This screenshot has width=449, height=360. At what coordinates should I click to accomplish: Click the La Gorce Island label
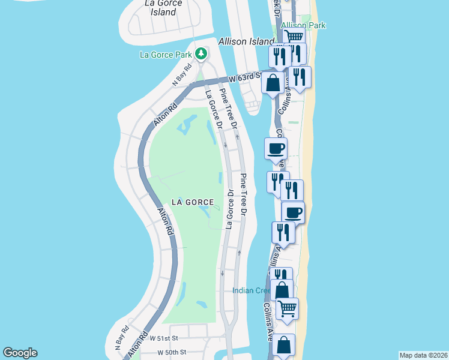(x=160, y=7)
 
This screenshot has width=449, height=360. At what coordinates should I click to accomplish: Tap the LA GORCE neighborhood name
(x=192, y=202)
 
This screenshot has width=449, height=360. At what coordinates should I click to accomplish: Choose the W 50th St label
(x=172, y=352)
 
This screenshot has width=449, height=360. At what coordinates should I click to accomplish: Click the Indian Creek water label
(x=252, y=291)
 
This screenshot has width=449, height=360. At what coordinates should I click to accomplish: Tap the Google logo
(x=20, y=353)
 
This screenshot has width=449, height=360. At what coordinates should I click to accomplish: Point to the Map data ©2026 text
(x=423, y=355)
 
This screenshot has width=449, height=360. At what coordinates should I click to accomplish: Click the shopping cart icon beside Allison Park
(x=294, y=37)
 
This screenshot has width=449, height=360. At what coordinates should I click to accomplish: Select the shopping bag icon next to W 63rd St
(x=273, y=82)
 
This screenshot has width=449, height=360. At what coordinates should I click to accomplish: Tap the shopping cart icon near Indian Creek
(x=287, y=308)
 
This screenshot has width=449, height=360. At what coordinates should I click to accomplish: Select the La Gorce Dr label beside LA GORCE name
(x=229, y=209)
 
